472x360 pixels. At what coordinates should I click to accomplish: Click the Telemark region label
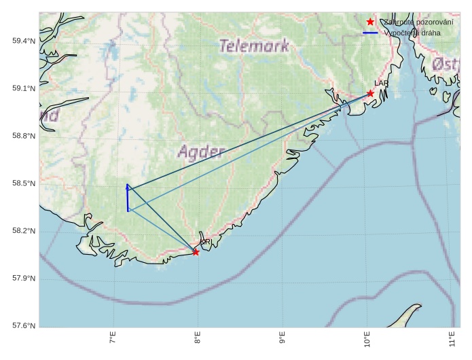255,46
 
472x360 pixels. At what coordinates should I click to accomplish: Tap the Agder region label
202,150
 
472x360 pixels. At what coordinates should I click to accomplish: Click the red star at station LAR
370,93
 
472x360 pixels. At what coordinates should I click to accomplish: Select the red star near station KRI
196,252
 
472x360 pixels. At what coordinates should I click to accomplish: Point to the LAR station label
381,84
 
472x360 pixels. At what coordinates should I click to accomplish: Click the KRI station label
205,242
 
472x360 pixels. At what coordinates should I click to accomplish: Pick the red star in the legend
370,22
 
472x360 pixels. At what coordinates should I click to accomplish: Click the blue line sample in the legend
370,33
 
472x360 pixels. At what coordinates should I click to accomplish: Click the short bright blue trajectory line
127,198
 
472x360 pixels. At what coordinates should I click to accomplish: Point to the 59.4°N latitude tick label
24,41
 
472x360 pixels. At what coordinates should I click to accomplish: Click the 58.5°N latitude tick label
24,184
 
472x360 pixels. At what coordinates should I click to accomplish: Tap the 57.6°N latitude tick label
24,327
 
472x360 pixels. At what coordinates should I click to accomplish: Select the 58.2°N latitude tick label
24,232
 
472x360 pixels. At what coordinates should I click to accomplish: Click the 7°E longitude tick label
113,338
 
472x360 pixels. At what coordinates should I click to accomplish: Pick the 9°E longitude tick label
282,338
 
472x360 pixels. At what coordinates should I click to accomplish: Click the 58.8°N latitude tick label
24,137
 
